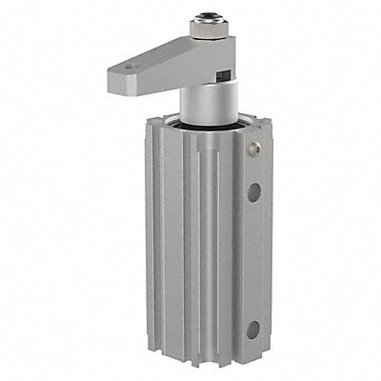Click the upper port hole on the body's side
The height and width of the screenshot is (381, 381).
pos(253,191)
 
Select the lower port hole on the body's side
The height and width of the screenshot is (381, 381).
pos(253,330)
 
